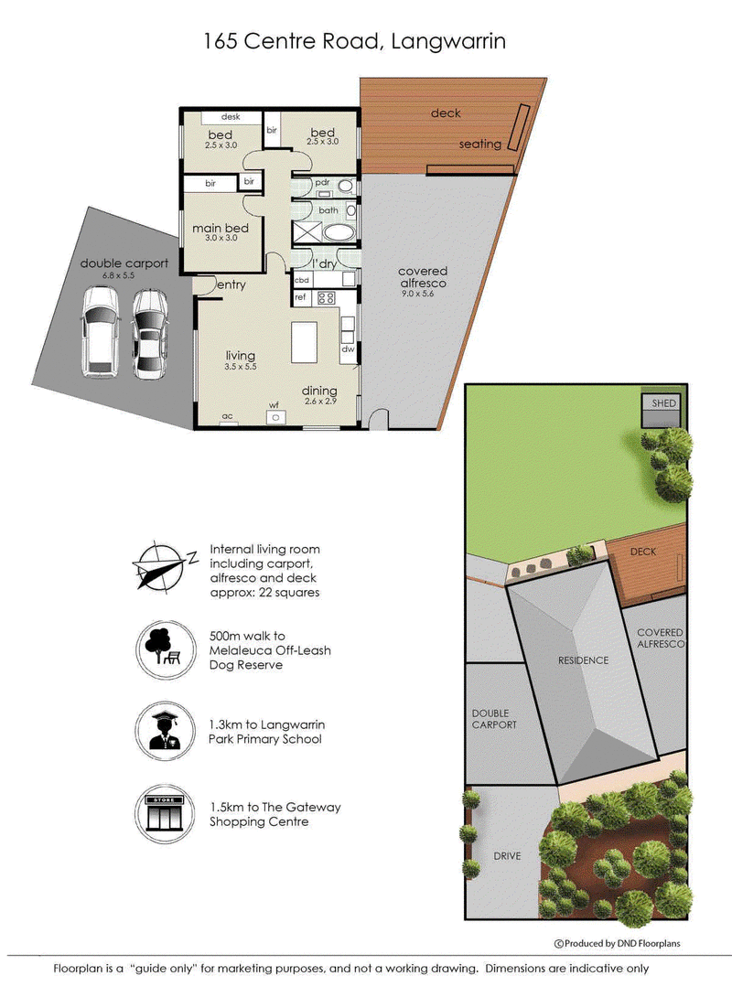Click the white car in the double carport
point(100,332)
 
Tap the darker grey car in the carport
point(149,334)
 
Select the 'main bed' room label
point(220,228)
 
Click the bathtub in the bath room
point(338,232)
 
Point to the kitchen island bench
point(305,343)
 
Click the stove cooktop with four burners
point(326,297)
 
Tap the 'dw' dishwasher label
point(348,349)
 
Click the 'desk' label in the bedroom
point(231,117)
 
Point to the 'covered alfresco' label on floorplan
point(423,277)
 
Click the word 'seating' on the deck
point(479,144)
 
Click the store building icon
point(165,814)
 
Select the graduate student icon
point(165,731)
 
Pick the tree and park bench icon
point(165,649)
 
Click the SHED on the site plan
point(662,410)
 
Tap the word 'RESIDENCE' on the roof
point(583,660)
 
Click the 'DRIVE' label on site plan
point(507,855)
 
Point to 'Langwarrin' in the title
point(448,42)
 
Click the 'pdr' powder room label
point(321,183)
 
